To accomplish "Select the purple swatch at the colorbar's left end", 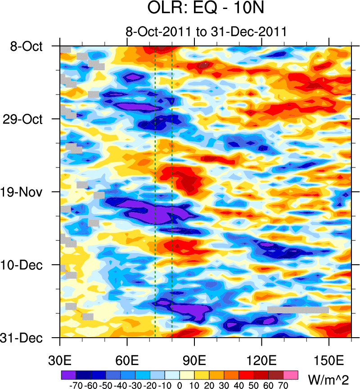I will (68, 374).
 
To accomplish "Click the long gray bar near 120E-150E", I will (298, 310).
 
